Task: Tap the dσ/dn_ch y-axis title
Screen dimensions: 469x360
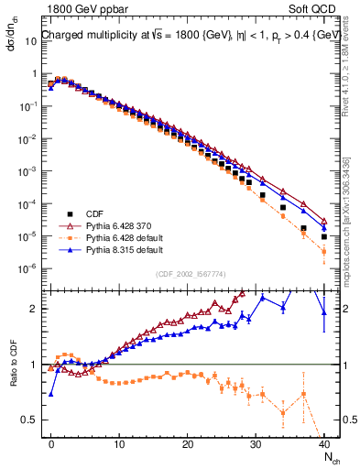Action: tap(12, 46)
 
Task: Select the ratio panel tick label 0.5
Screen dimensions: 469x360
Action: tap(29, 420)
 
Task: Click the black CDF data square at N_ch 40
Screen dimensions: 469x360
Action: tap(324, 237)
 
